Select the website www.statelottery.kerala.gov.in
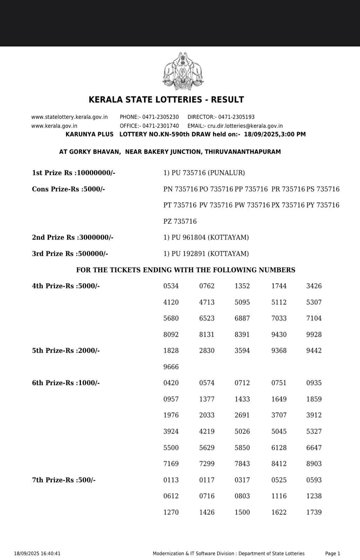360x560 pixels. [69, 117]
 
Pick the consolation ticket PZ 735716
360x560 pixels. [180, 222]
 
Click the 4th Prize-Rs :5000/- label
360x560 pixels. [66, 286]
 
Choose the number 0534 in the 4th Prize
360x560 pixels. [171, 286]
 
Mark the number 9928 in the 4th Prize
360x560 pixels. [314, 335]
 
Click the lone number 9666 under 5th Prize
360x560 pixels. [171, 367]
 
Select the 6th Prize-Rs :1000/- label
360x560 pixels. [66, 383]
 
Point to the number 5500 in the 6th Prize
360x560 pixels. [171, 448]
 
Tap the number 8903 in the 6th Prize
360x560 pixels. [314, 464]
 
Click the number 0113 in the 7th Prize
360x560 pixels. [171, 480]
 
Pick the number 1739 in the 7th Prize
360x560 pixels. [314, 512]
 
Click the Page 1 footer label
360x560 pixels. [333, 554]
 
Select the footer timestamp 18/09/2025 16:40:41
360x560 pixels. [37, 554]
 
